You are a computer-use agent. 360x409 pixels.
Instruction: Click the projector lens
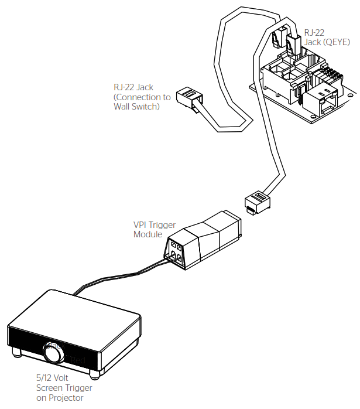click(x=54, y=353)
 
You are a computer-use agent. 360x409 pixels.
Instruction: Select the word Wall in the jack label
click(x=124, y=107)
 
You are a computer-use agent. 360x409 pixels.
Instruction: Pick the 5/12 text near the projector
click(x=45, y=379)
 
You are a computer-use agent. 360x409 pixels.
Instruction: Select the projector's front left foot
click(x=16, y=353)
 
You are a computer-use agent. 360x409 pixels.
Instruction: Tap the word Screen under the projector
click(x=49, y=388)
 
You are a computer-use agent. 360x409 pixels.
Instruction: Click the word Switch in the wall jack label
click(x=146, y=107)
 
